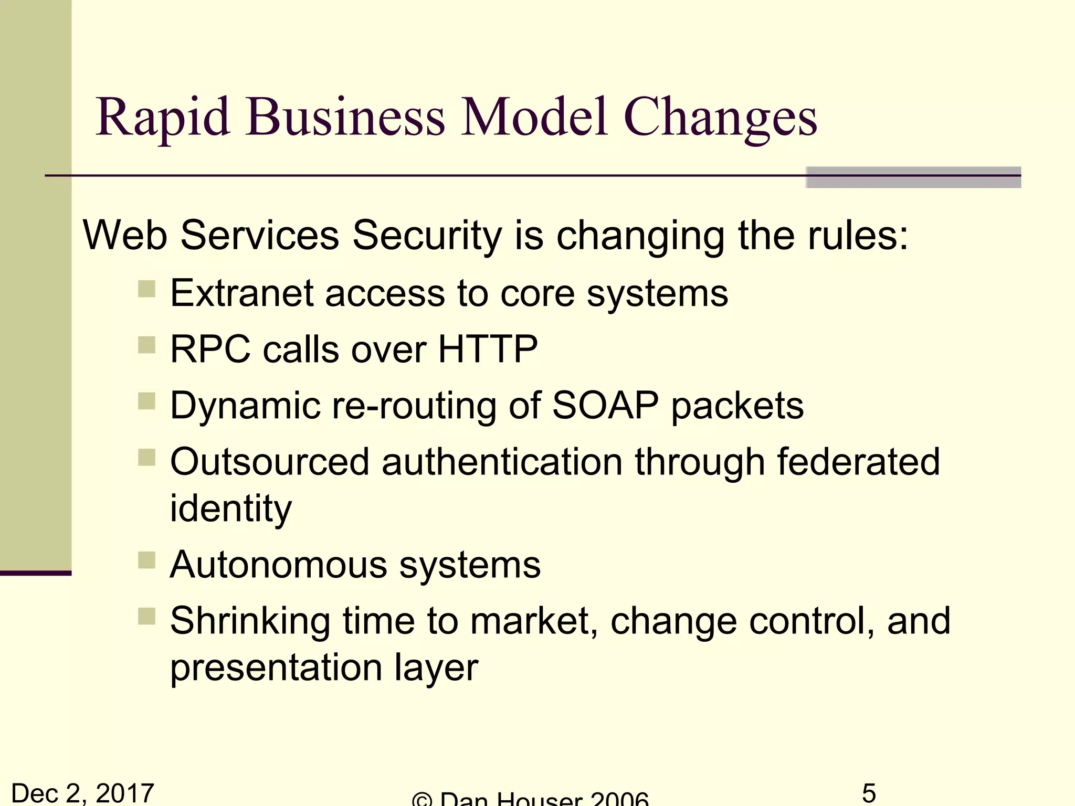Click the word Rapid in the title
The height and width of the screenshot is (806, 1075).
tap(163, 118)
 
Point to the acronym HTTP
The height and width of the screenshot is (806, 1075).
tap(488, 349)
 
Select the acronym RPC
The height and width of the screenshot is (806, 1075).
tap(210, 349)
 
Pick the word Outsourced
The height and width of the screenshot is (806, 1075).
tap(270, 462)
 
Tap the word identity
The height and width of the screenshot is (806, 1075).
tap(231, 508)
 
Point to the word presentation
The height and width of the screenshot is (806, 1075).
tap(276, 667)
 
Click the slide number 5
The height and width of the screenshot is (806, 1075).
tap(869, 792)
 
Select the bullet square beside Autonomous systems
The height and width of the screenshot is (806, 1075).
tap(147, 560)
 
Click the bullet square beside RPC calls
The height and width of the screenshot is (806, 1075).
tap(147, 345)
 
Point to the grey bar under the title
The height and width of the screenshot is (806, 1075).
tap(913, 177)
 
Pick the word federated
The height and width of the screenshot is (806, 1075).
tap(858, 462)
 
